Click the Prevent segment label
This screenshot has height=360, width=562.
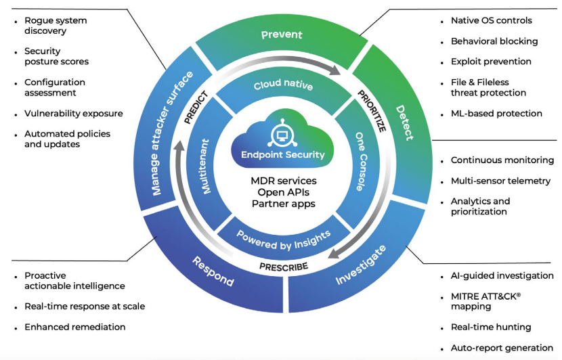282,35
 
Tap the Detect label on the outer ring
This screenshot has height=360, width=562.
404,122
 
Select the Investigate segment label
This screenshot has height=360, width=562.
362,265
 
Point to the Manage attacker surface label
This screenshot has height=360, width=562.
172,133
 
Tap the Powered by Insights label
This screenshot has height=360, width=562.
284,236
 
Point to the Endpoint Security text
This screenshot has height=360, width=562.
283,155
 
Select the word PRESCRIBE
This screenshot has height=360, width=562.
284,266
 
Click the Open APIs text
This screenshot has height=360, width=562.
283,192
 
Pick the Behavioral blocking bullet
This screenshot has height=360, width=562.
494,41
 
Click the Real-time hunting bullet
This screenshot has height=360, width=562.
491,327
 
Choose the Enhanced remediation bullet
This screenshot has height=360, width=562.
74,327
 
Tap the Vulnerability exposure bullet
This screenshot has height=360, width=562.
73,114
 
